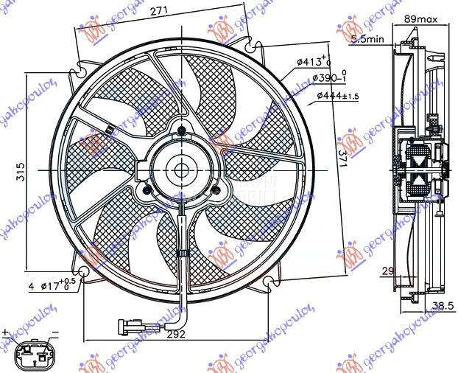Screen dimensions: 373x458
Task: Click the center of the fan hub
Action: (x=181, y=170)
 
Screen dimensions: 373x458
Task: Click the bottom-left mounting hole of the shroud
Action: (x=85, y=274)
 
